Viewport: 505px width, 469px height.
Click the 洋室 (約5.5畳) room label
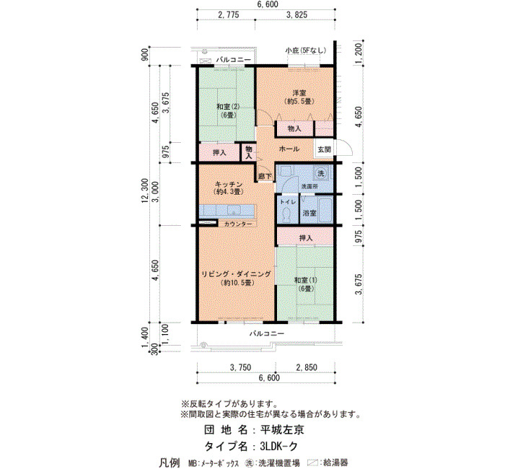[299, 97]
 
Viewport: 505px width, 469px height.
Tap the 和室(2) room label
[228, 110]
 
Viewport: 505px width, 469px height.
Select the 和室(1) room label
[306, 284]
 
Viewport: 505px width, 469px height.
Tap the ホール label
[289, 149]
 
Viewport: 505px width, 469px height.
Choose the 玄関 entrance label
[324, 149]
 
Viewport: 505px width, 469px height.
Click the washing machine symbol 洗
[321, 173]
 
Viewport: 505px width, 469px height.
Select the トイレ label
[288, 202]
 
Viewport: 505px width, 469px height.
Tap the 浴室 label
[309, 213]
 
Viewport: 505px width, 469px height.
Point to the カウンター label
[238, 224]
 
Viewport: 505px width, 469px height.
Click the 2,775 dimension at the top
[229, 15]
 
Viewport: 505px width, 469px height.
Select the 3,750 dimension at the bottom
[240, 367]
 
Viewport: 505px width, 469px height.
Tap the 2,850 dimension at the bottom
[307, 367]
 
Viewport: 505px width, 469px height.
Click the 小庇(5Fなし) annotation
[306, 51]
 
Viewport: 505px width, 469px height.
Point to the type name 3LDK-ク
[279, 446]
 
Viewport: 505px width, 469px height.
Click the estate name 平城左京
[282, 430]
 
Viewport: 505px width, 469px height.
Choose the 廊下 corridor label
[265, 177]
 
